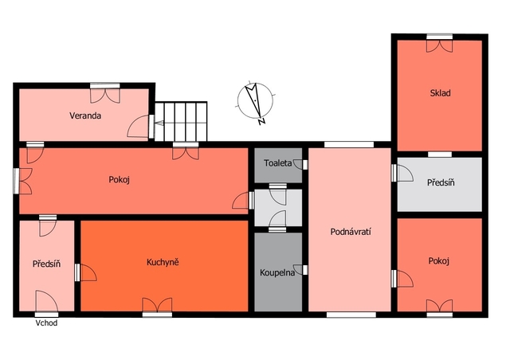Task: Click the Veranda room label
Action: pyautogui.click(x=85, y=115)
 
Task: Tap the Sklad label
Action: pyautogui.click(x=441, y=93)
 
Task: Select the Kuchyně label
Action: pyautogui.click(x=163, y=262)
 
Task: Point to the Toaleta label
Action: pyautogui.click(x=278, y=163)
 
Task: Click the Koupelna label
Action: pyautogui.click(x=277, y=272)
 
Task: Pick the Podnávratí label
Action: pyautogui.click(x=351, y=232)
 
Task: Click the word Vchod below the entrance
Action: pyautogui.click(x=46, y=323)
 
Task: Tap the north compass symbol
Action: pyautogui.click(x=256, y=100)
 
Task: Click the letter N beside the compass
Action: pyautogui.click(x=261, y=122)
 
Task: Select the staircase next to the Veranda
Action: pyautogui.click(x=181, y=122)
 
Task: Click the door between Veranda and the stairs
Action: pyautogui.click(x=140, y=126)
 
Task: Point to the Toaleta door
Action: pyautogui.click(x=300, y=164)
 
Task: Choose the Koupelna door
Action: pyautogui.click(x=300, y=270)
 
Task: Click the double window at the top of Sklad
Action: pyautogui.click(x=439, y=43)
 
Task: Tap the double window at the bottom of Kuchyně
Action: pyautogui.click(x=157, y=307)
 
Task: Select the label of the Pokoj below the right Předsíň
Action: pyautogui.click(x=439, y=260)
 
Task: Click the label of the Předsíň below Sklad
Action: pyautogui.click(x=441, y=182)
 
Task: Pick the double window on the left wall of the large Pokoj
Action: pyautogui.click(x=23, y=181)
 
